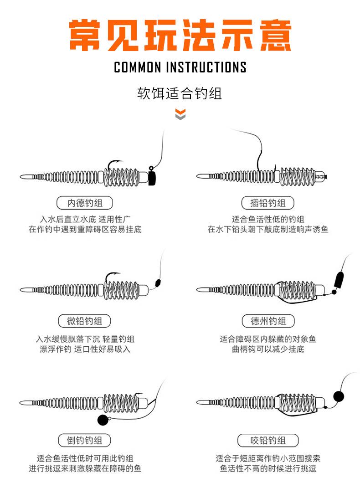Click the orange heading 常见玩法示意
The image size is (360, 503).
[180, 35]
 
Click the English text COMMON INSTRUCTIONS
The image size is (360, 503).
[180, 67]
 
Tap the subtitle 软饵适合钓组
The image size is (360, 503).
[180, 93]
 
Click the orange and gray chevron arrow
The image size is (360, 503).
[180, 114]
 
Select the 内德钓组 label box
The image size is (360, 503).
[85, 203]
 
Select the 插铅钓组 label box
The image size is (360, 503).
[267, 203]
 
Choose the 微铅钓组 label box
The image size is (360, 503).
[85, 321]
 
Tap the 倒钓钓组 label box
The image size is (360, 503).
[85, 440]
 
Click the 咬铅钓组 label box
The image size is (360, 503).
[268, 440]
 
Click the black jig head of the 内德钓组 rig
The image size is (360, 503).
[153, 177]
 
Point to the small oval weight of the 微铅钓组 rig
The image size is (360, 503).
[158, 282]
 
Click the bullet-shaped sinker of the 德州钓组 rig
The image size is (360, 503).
[339, 278]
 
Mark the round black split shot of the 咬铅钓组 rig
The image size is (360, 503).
[338, 395]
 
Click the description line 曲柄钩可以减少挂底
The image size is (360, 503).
[268, 349]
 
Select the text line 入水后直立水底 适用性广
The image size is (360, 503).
[85, 219]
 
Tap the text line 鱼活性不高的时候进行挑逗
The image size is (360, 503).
[268, 468]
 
